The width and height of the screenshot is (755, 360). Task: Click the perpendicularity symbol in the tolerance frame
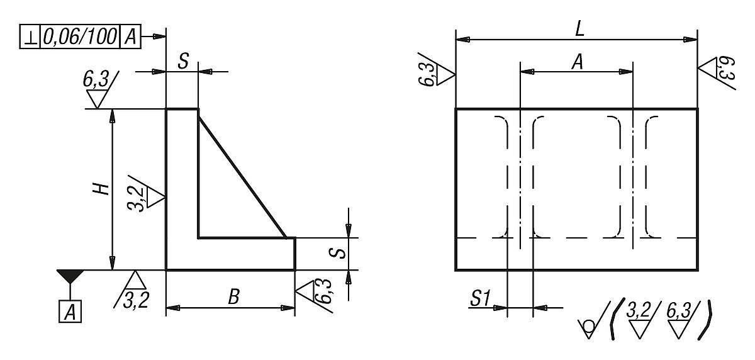point(30,38)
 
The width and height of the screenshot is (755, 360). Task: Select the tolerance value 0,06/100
point(79,38)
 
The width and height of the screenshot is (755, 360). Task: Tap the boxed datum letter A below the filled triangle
point(70,312)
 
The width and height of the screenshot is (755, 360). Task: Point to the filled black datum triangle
point(70,276)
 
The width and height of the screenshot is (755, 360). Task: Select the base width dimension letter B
point(233,297)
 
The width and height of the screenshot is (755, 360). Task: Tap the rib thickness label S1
point(480,300)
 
